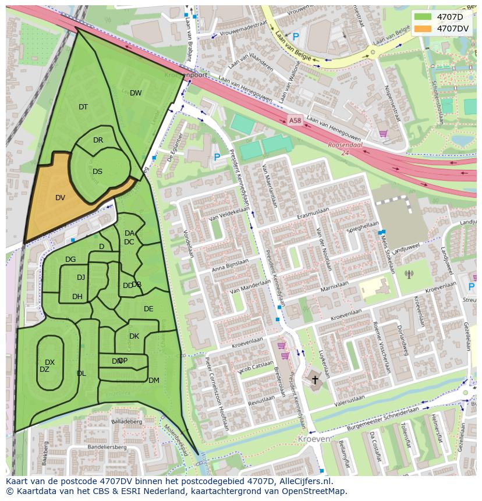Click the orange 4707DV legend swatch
point(424,28)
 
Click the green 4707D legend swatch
point(424,17)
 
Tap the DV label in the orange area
point(60,198)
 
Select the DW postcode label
point(136,93)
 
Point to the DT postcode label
point(83,106)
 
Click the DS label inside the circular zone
point(97,171)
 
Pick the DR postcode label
point(98,140)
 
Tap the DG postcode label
point(70,260)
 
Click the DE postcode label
point(148,309)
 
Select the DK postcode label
point(134,336)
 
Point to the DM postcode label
point(154,381)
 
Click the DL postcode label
point(81,374)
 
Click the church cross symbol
point(316,380)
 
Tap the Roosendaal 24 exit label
point(345,148)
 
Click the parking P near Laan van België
point(295,37)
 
